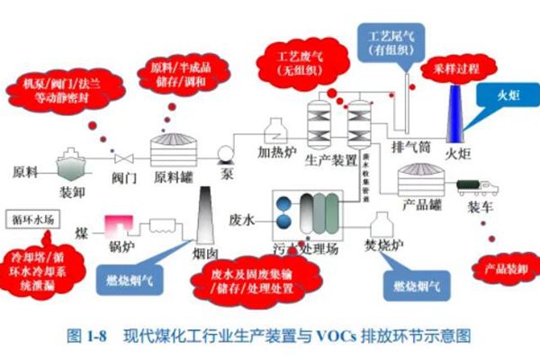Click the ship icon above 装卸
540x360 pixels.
72,165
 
